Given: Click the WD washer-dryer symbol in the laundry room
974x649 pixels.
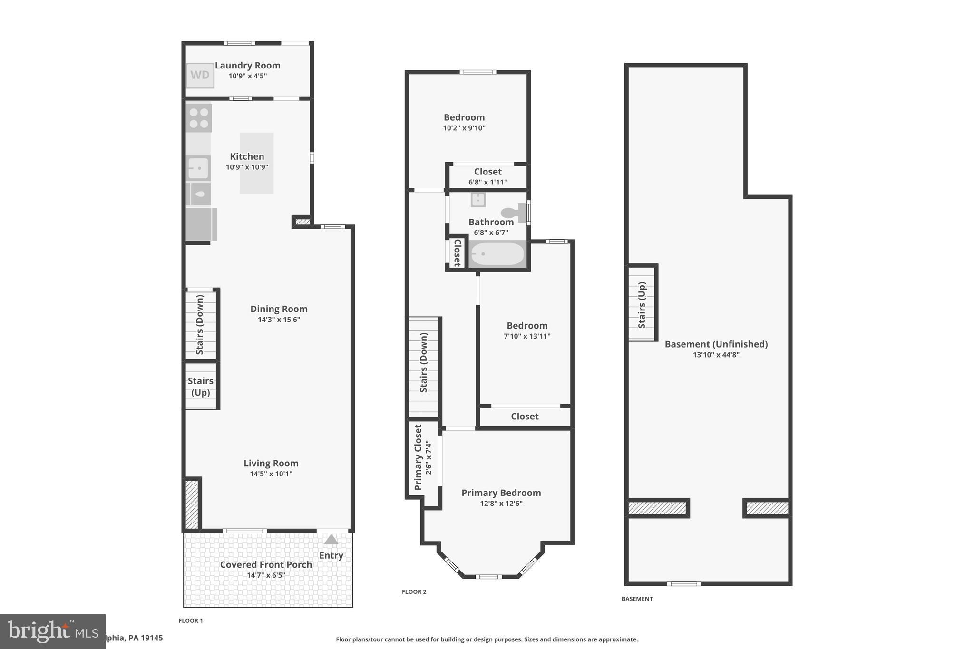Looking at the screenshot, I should (x=200, y=75).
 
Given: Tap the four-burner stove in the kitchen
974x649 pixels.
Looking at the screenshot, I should (x=199, y=118).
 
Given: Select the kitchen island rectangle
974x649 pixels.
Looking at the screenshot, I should (x=256, y=163).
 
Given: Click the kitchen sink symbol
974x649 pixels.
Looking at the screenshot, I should (x=198, y=168).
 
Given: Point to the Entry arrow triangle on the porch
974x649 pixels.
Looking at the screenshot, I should (x=331, y=540).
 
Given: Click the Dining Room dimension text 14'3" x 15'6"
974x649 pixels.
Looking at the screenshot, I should (x=279, y=320).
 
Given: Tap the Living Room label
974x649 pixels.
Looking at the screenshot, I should (x=271, y=463).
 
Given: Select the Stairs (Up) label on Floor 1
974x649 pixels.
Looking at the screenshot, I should (x=200, y=387).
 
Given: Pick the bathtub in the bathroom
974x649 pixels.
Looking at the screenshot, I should (x=497, y=254).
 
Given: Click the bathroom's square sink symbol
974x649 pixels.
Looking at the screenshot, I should (x=478, y=200).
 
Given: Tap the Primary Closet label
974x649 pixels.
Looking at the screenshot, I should (x=418, y=457).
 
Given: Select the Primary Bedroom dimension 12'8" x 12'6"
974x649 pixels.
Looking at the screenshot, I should (x=501, y=504).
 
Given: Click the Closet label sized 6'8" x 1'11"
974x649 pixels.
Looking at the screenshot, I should (x=487, y=172).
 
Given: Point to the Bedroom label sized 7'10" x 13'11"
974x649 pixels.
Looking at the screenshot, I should (x=527, y=326).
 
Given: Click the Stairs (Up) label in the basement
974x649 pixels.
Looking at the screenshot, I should (x=642, y=305).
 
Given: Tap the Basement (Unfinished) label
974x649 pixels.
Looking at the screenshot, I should (x=716, y=344).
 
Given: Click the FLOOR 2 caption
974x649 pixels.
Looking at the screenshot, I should (x=414, y=592).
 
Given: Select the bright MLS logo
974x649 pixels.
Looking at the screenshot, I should (x=52, y=631).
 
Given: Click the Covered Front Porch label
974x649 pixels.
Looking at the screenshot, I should (x=266, y=565).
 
